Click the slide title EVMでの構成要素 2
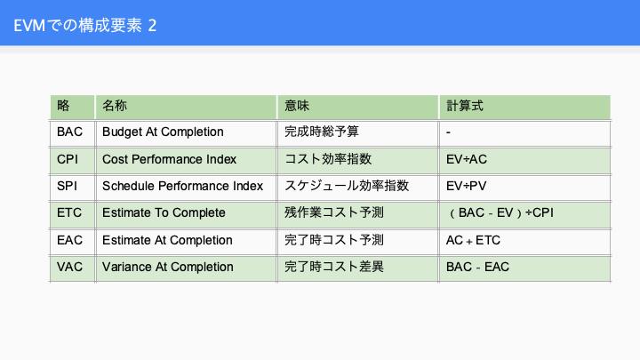(x=85, y=25)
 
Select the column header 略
(x=63, y=106)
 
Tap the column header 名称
(x=115, y=106)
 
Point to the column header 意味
(x=297, y=106)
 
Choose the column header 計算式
(x=465, y=106)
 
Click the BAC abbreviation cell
(x=70, y=132)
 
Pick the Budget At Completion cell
(x=163, y=132)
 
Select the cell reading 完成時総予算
(x=322, y=132)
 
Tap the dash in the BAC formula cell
(x=448, y=132)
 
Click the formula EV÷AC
(x=467, y=159)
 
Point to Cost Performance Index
(x=170, y=159)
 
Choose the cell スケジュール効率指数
(x=347, y=186)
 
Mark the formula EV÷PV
(x=466, y=186)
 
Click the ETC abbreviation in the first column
(x=69, y=212)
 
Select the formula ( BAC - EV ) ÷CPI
(x=500, y=212)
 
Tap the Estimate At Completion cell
(x=167, y=240)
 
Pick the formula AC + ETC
(x=473, y=240)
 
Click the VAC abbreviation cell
(x=70, y=267)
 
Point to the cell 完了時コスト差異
(x=334, y=267)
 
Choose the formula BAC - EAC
(x=477, y=267)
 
